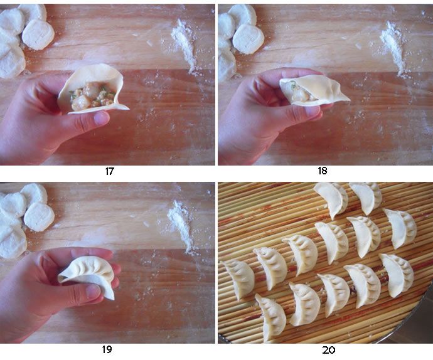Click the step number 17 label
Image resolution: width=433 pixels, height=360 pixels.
109,171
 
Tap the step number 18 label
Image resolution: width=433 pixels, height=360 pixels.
323,171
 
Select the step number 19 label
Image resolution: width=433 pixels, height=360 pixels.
107,349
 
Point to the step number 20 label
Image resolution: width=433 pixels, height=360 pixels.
328,350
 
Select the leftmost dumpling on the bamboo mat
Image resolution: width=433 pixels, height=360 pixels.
238,279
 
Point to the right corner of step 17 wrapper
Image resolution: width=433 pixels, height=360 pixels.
127,109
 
